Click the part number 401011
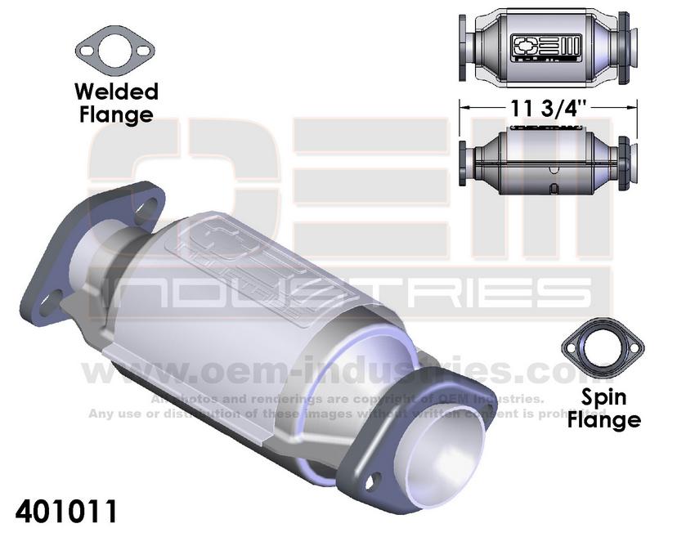66,512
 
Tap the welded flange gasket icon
115,52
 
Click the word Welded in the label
115,91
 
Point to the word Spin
603,398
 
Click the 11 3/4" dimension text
546,106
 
